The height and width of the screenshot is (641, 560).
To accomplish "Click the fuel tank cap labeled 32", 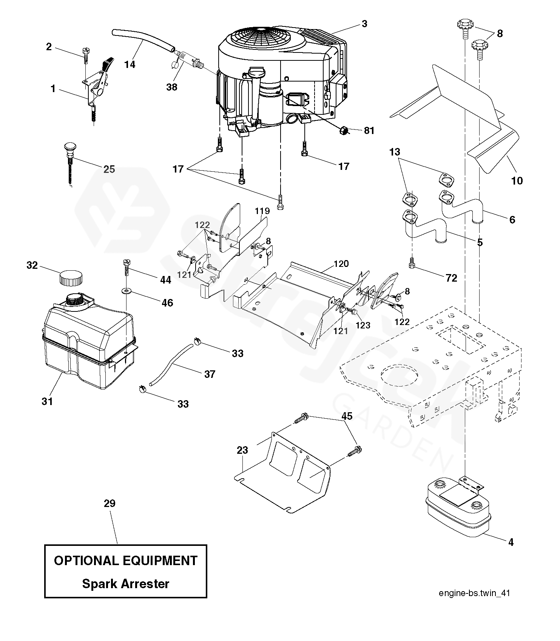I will [x=71, y=279].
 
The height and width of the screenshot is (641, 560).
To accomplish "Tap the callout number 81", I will [x=369, y=131].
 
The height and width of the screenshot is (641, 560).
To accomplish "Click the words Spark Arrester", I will [x=126, y=584].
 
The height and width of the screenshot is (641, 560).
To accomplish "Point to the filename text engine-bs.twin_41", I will [x=474, y=593].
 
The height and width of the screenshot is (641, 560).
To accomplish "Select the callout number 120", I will [x=341, y=263].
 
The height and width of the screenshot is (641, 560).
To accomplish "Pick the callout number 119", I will [x=262, y=211].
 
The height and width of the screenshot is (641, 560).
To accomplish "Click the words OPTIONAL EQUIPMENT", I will [x=126, y=560].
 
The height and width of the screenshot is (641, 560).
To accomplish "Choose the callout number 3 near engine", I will [x=364, y=24].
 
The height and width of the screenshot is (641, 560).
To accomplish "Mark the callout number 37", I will [x=210, y=374].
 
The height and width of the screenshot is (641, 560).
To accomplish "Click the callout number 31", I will [x=47, y=401].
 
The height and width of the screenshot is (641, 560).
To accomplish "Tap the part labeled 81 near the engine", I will [x=343, y=131].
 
